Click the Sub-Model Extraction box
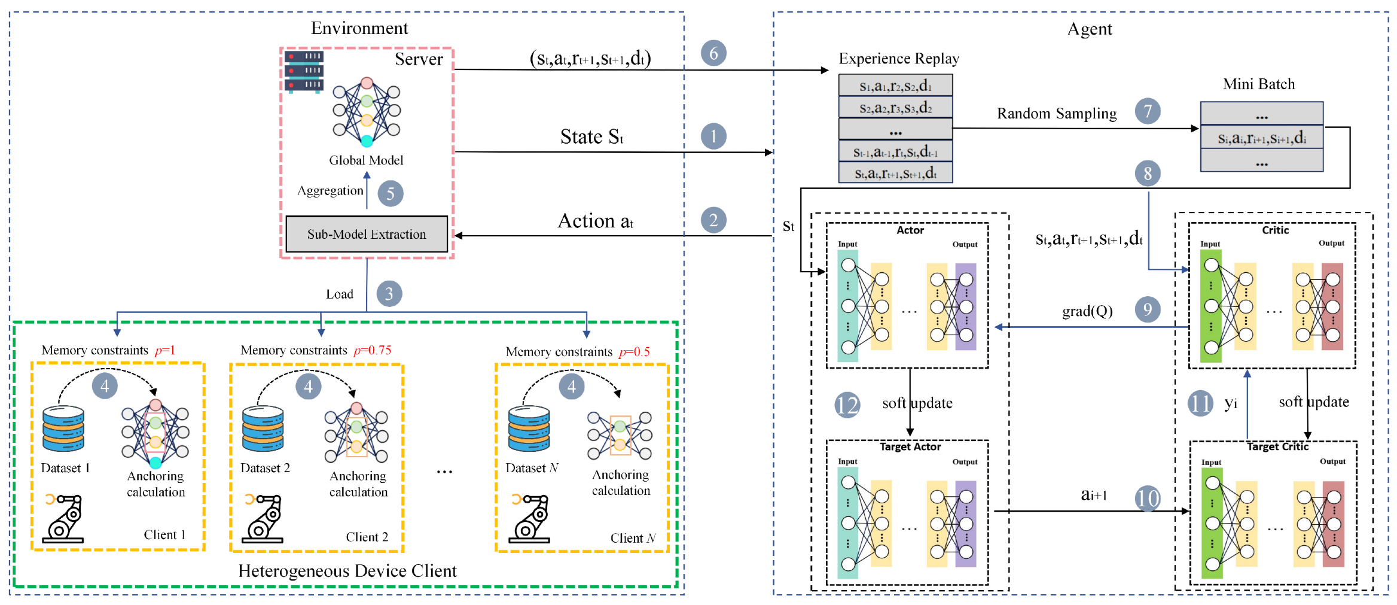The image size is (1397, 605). (x=367, y=234)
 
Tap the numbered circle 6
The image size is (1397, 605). (x=713, y=53)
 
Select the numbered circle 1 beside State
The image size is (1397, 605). (x=713, y=136)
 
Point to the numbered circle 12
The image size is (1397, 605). (x=847, y=405)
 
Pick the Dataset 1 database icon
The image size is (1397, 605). (x=63, y=428)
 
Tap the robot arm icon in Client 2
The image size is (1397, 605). (x=263, y=518)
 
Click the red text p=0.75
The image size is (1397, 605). (x=372, y=350)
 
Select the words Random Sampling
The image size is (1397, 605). (x=1057, y=113)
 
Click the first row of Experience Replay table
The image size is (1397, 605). (x=895, y=86)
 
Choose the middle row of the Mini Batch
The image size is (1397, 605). (x=1262, y=138)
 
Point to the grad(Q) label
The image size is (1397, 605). (x=1087, y=311)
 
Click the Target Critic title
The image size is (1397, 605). (x=1277, y=446)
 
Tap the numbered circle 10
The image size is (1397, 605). (x=1148, y=498)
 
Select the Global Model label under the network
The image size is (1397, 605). (x=366, y=160)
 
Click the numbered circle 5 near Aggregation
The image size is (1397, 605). (x=391, y=193)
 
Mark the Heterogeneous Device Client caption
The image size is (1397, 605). (x=347, y=571)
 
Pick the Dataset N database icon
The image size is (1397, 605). (x=529, y=428)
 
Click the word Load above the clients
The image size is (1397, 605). (x=340, y=294)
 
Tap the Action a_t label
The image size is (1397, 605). (x=596, y=221)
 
